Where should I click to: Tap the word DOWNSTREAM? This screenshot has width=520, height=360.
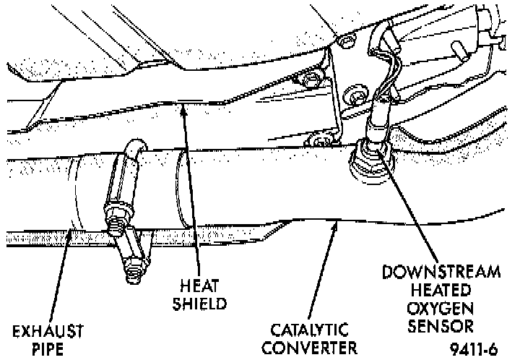[442, 273]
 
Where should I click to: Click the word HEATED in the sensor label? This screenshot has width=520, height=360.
[442, 290]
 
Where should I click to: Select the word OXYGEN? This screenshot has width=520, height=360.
[442, 307]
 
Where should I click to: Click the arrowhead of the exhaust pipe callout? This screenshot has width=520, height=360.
[67, 231]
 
